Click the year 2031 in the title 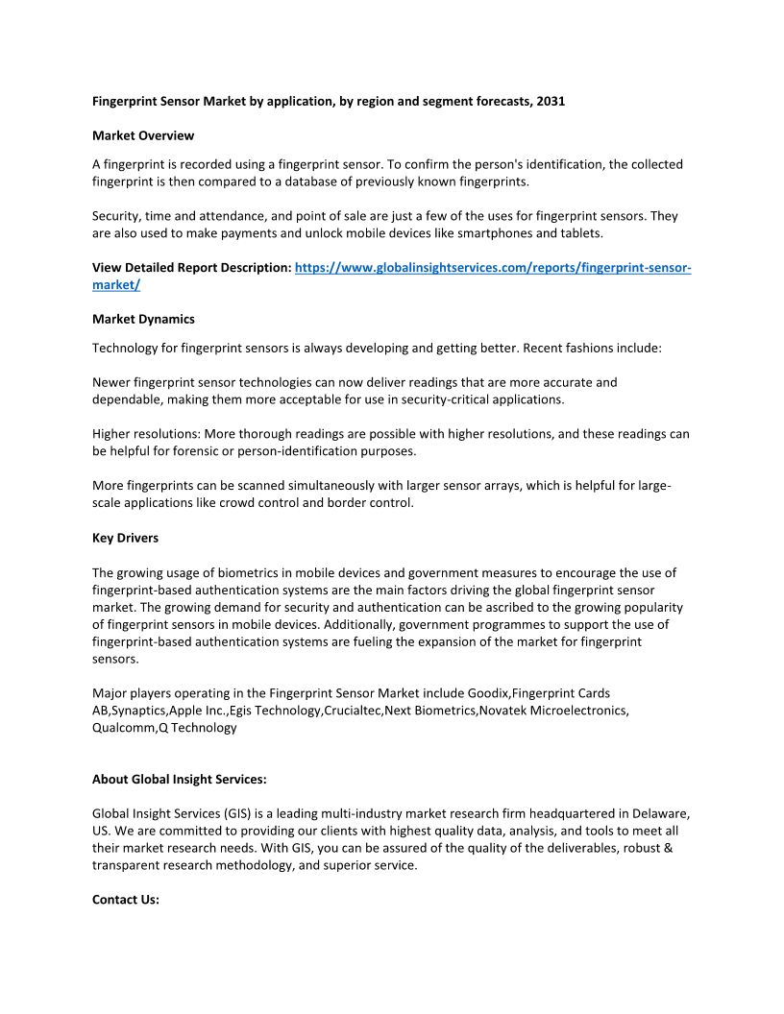pyautogui.click(x=550, y=101)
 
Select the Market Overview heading pyautogui.click(x=143, y=135)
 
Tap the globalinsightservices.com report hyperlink pyautogui.click(x=493, y=268)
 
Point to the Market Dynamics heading pyautogui.click(x=143, y=319)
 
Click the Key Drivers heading pyautogui.click(x=125, y=538)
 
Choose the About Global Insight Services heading pyautogui.click(x=180, y=779)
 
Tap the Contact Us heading pyautogui.click(x=126, y=900)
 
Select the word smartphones pyautogui.click(x=545, y=233)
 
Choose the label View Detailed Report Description pyautogui.click(x=191, y=268)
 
